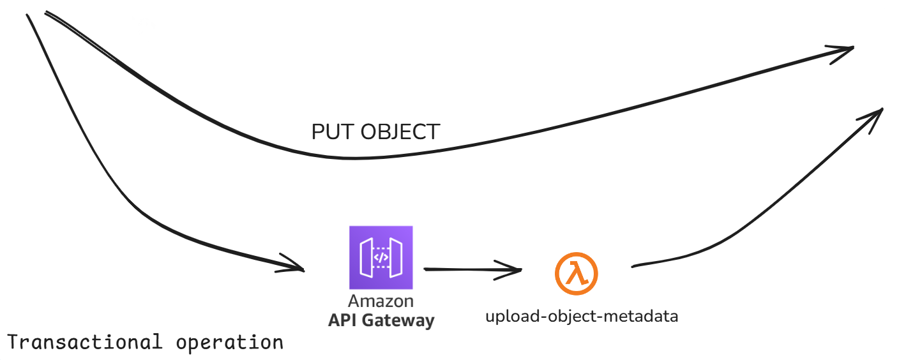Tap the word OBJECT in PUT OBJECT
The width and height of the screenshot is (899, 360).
tap(400, 132)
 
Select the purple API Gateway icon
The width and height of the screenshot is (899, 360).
tap(381, 257)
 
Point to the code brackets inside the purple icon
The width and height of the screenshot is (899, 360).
tap(381, 258)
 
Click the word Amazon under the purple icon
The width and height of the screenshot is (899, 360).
tap(381, 301)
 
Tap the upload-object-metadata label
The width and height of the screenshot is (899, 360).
tap(582, 317)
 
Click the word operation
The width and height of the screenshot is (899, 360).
tap(229, 343)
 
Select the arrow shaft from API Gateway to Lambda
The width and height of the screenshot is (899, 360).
tap(466, 269)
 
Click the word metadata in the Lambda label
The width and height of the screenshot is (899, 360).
tap(651, 317)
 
